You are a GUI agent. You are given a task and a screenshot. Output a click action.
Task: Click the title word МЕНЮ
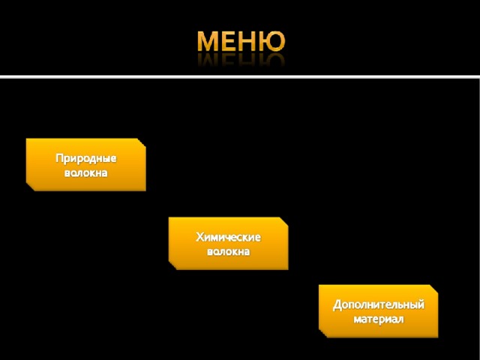[241, 41]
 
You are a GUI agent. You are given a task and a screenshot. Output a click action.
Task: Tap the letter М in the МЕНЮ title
[209, 41]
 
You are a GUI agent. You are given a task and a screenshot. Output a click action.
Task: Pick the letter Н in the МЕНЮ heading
[246, 41]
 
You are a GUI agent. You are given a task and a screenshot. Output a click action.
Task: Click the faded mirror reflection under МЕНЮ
[241, 59]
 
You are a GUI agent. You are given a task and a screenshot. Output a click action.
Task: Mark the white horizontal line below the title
[240, 76]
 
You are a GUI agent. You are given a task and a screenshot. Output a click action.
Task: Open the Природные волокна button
[85, 165]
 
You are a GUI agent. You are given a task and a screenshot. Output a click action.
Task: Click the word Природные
[86, 158]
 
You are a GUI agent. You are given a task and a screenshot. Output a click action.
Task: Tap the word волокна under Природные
[86, 172]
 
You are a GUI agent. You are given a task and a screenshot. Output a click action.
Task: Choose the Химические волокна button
[228, 243]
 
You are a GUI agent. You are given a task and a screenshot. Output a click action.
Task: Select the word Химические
[228, 237]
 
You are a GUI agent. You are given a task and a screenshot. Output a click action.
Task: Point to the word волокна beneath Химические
[228, 251]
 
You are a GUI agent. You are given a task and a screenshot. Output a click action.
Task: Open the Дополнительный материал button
[378, 311]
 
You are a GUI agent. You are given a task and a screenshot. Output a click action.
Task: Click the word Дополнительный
[379, 305]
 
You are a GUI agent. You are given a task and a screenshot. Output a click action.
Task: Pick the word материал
[379, 319]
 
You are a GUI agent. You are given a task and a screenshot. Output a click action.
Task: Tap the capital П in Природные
[59, 158]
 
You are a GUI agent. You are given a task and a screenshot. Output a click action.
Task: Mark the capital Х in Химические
[199, 237]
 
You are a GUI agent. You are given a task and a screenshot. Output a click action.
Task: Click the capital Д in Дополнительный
[337, 305]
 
